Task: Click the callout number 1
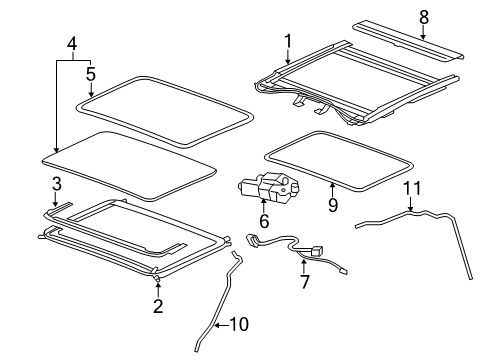pos(289,40)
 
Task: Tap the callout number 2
pos(158,306)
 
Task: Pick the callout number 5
pos(90,73)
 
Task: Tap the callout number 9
pos(333,205)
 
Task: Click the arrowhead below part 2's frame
pos(158,287)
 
